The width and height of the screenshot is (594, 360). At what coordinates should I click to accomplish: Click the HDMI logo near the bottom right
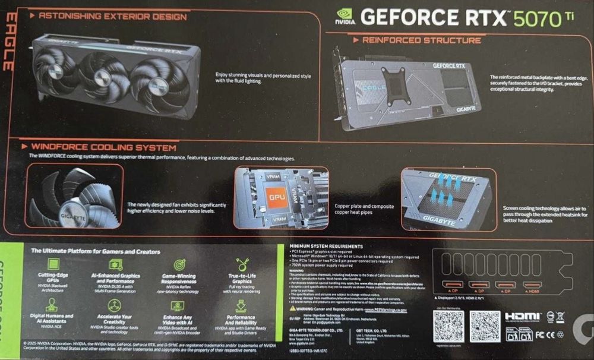click(x=522, y=317)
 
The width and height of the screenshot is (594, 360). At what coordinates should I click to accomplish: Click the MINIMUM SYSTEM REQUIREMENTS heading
click(x=326, y=246)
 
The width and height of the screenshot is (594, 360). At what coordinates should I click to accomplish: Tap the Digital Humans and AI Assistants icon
click(x=52, y=305)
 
